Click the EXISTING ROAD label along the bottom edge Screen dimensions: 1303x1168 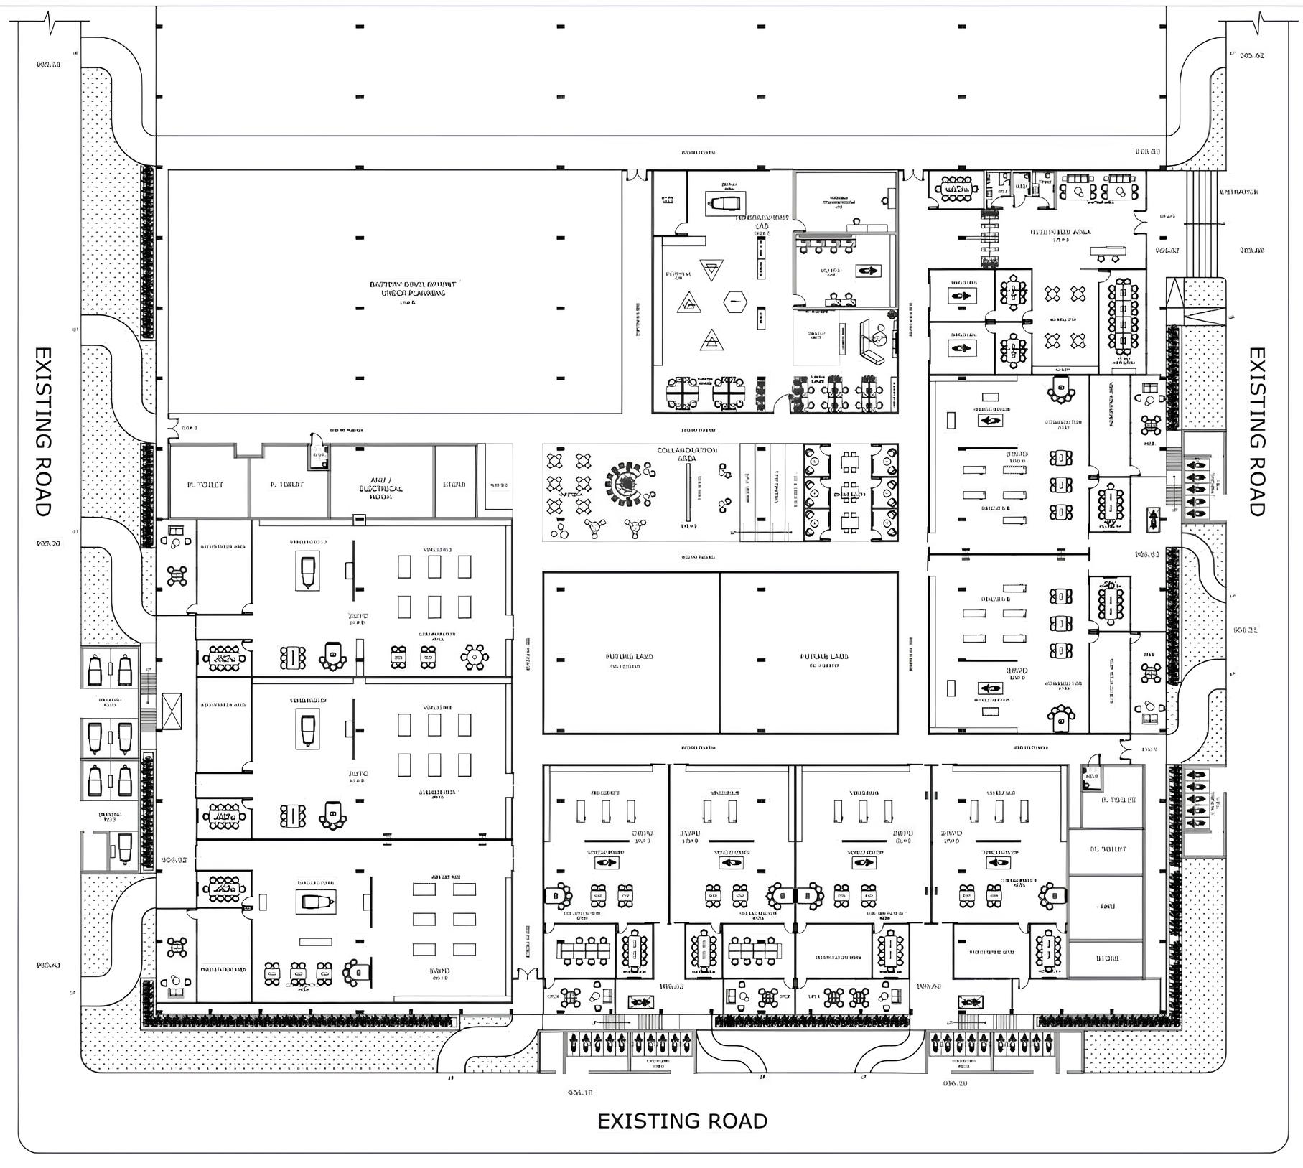click(682, 1121)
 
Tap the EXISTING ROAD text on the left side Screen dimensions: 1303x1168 click(43, 431)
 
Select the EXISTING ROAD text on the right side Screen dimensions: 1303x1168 click(1257, 431)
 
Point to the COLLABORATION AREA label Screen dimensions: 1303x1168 click(686, 454)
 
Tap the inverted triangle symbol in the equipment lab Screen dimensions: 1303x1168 click(711, 271)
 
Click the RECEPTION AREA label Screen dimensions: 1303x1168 click(1060, 233)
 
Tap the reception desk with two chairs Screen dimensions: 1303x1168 click(1108, 251)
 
